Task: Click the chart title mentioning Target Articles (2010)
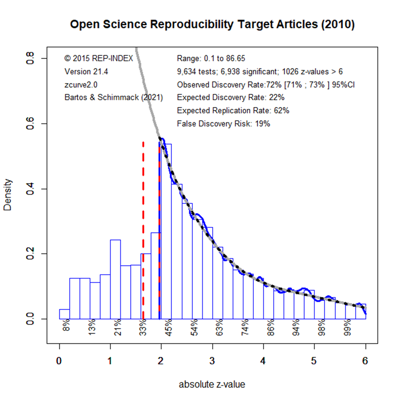(x=212, y=25)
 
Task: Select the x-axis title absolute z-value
(x=212, y=384)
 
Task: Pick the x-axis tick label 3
(x=212, y=361)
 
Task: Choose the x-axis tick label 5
(x=314, y=361)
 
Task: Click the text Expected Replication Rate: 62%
(x=233, y=111)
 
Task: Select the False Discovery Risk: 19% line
(x=224, y=124)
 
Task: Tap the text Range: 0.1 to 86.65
(x=211, y=59)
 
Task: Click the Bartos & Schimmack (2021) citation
(x=114, y=97)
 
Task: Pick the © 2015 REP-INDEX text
(x=99, y=59)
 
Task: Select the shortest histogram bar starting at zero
(x=64, y=314)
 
